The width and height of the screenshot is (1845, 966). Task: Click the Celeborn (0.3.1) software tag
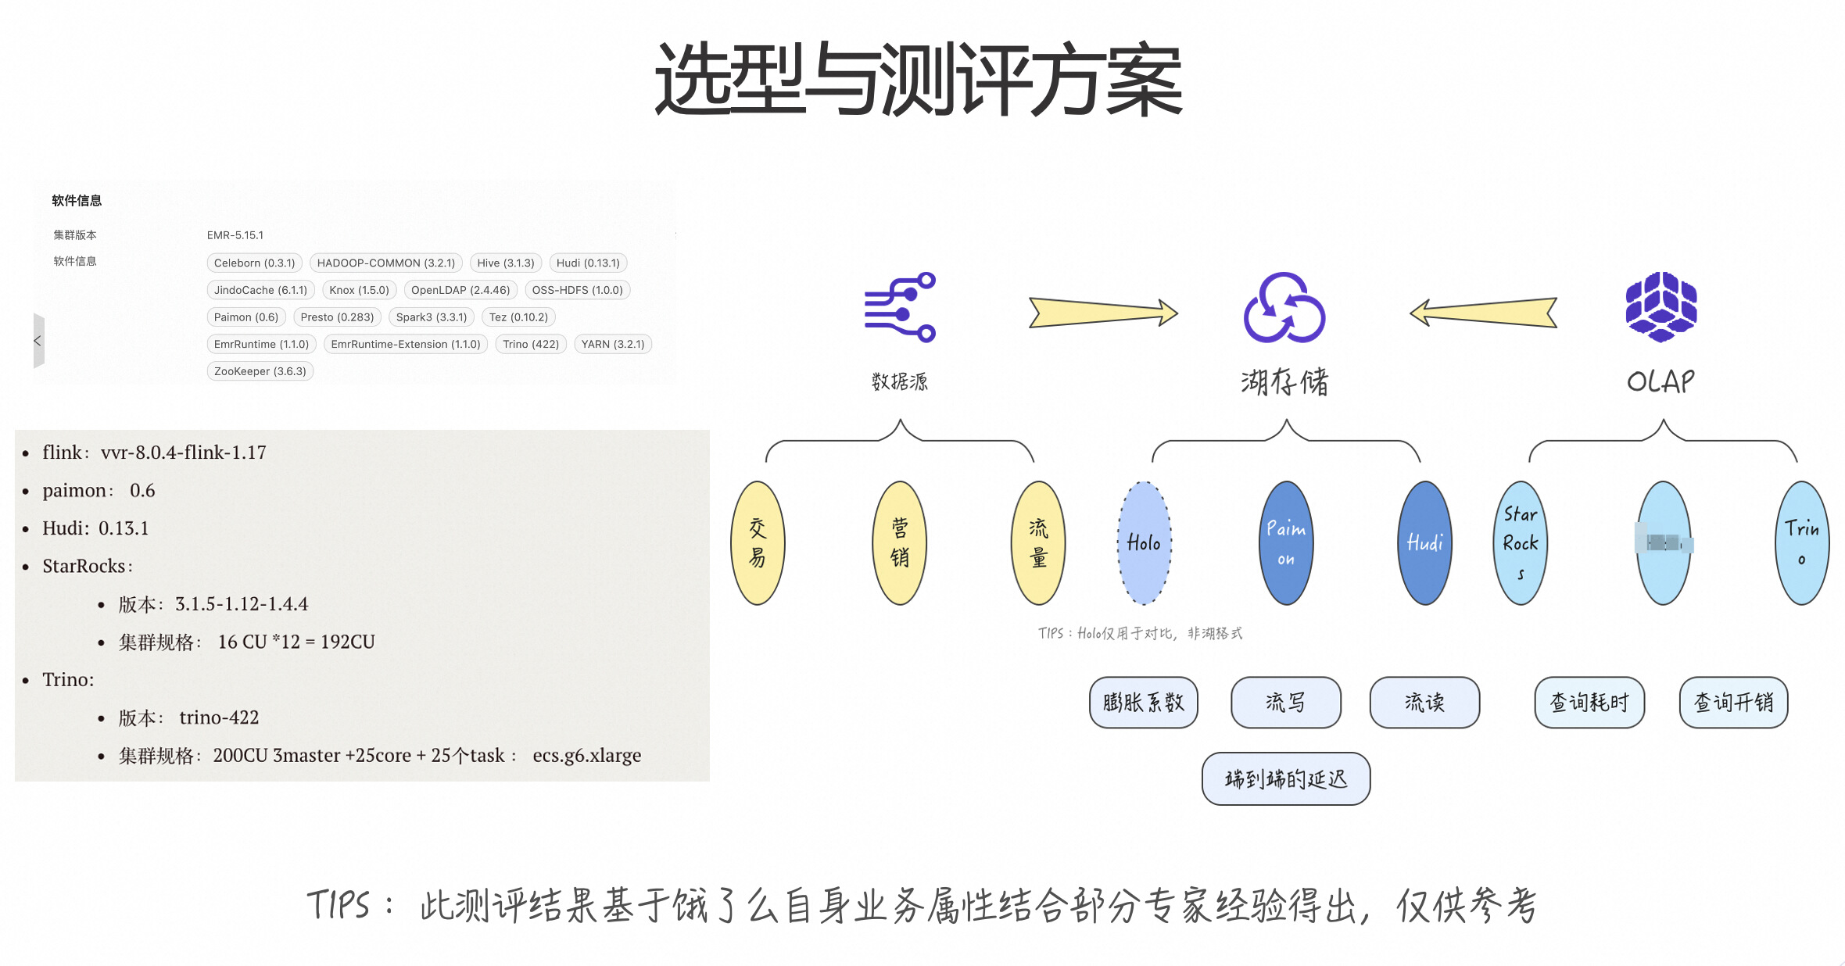[254, 263]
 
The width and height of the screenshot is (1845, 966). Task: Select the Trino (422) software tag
[531, 344]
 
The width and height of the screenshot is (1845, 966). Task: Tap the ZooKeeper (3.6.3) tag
[260, 371]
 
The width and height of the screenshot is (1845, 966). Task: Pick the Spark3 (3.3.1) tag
[431, 317]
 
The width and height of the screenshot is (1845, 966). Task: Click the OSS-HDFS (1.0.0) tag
[577, 290]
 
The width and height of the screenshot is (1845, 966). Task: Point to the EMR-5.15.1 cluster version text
[235, 235]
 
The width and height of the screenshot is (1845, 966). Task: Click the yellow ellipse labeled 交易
[758, 543]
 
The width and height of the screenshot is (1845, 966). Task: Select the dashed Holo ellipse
[1144, 543]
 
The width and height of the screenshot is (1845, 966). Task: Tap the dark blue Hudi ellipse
[1424, 543]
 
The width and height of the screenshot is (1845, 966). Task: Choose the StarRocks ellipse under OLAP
[1521, 543]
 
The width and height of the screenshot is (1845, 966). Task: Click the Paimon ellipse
[1286, 543]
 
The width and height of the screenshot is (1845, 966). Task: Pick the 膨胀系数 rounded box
[1143, 703]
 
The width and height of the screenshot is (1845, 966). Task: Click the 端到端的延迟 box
[1286, 778]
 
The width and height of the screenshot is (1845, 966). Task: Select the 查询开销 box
[1733, 703]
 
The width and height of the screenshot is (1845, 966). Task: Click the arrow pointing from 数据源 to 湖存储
[1102, 313]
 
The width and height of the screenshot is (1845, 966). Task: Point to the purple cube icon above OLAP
[1661, 306]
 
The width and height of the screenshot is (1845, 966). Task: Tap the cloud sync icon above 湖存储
[1284, 308]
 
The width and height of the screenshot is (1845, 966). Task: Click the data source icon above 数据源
[901, 307]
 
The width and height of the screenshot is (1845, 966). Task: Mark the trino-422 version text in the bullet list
[219, 717]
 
